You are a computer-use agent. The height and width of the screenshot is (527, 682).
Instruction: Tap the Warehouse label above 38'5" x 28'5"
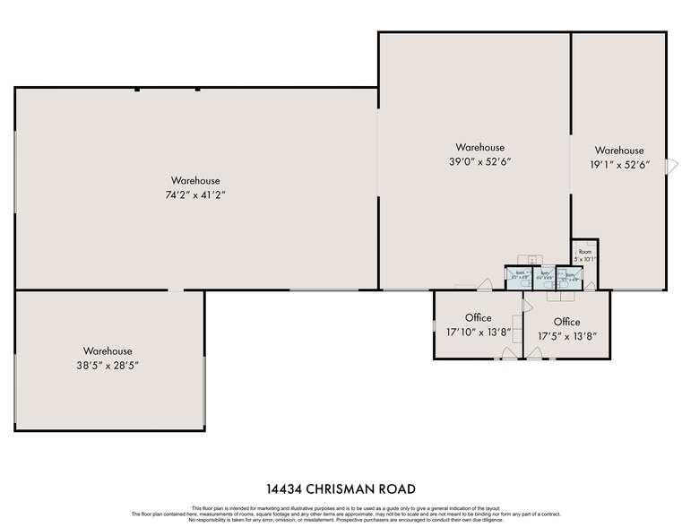pos(108,350)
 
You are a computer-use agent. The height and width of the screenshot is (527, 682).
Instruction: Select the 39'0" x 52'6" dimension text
pos(479,161)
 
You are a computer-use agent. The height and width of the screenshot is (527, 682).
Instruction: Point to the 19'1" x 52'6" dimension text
pos(618,165)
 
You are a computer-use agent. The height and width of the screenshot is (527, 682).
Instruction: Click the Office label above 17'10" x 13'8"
pos(478,318)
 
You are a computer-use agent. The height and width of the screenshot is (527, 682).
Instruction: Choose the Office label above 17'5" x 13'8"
pos(566,322)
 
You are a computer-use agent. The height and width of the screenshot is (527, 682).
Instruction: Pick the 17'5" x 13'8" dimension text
pos(566,337)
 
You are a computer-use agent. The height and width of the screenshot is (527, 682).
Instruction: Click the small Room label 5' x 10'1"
pos(585,255)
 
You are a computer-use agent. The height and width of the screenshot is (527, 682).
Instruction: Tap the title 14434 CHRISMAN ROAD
pos(341,489)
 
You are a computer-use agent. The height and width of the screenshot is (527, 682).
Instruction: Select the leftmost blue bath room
pos(519,276)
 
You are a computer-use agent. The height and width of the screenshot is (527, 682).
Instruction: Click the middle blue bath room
pos(544,276)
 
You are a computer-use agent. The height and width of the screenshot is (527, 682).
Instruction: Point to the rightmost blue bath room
pos(568,276)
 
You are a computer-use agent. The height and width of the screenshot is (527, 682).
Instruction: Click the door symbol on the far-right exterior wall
pos(669,166)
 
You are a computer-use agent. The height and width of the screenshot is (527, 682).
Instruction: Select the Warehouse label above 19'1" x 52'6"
pos(618,151)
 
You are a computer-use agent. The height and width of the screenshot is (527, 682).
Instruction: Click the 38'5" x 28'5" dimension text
pos(108,366)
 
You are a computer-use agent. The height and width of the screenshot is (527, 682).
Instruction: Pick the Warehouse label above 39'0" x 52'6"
pos(479,147)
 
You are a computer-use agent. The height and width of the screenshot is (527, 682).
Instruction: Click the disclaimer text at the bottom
pos(341,514)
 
